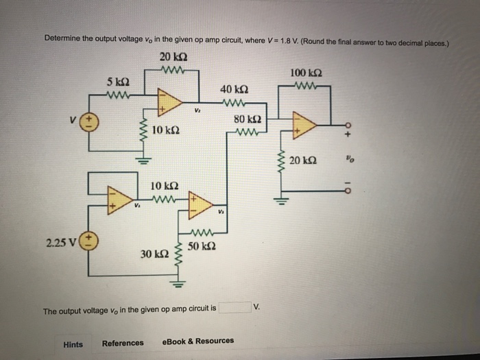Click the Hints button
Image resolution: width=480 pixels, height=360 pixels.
[x=73, y=344]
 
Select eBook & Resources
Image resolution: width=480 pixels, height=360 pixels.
[x=198, y=341]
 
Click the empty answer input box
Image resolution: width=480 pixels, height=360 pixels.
[x=234, y=308]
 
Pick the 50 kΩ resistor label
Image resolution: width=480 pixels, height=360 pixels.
[x=202, y=245]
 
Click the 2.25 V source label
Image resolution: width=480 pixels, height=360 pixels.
[x=62, y=242]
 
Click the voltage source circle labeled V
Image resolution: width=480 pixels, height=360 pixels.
[x=91, y=122]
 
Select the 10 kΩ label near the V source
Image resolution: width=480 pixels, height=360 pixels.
[x=167, y=130]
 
